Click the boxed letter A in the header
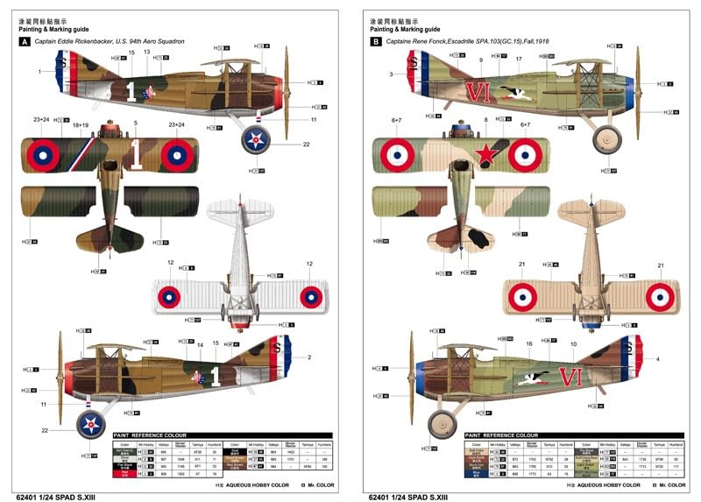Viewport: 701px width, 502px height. [x=25, y=40]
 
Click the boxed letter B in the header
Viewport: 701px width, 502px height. [x=376, y=40]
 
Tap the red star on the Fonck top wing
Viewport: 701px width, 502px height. [x=484, y=156]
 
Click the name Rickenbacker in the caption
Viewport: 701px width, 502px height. [x=120, y=41]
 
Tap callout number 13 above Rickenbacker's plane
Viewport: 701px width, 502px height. [x=146, y=53]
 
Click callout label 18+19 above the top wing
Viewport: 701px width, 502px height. [x=81, y=126]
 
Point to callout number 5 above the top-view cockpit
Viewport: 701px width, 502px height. [x=136, y=124]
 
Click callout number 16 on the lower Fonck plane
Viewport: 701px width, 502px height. [x=528, y=344]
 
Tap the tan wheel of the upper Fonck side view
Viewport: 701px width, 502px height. [x=605, y=138]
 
